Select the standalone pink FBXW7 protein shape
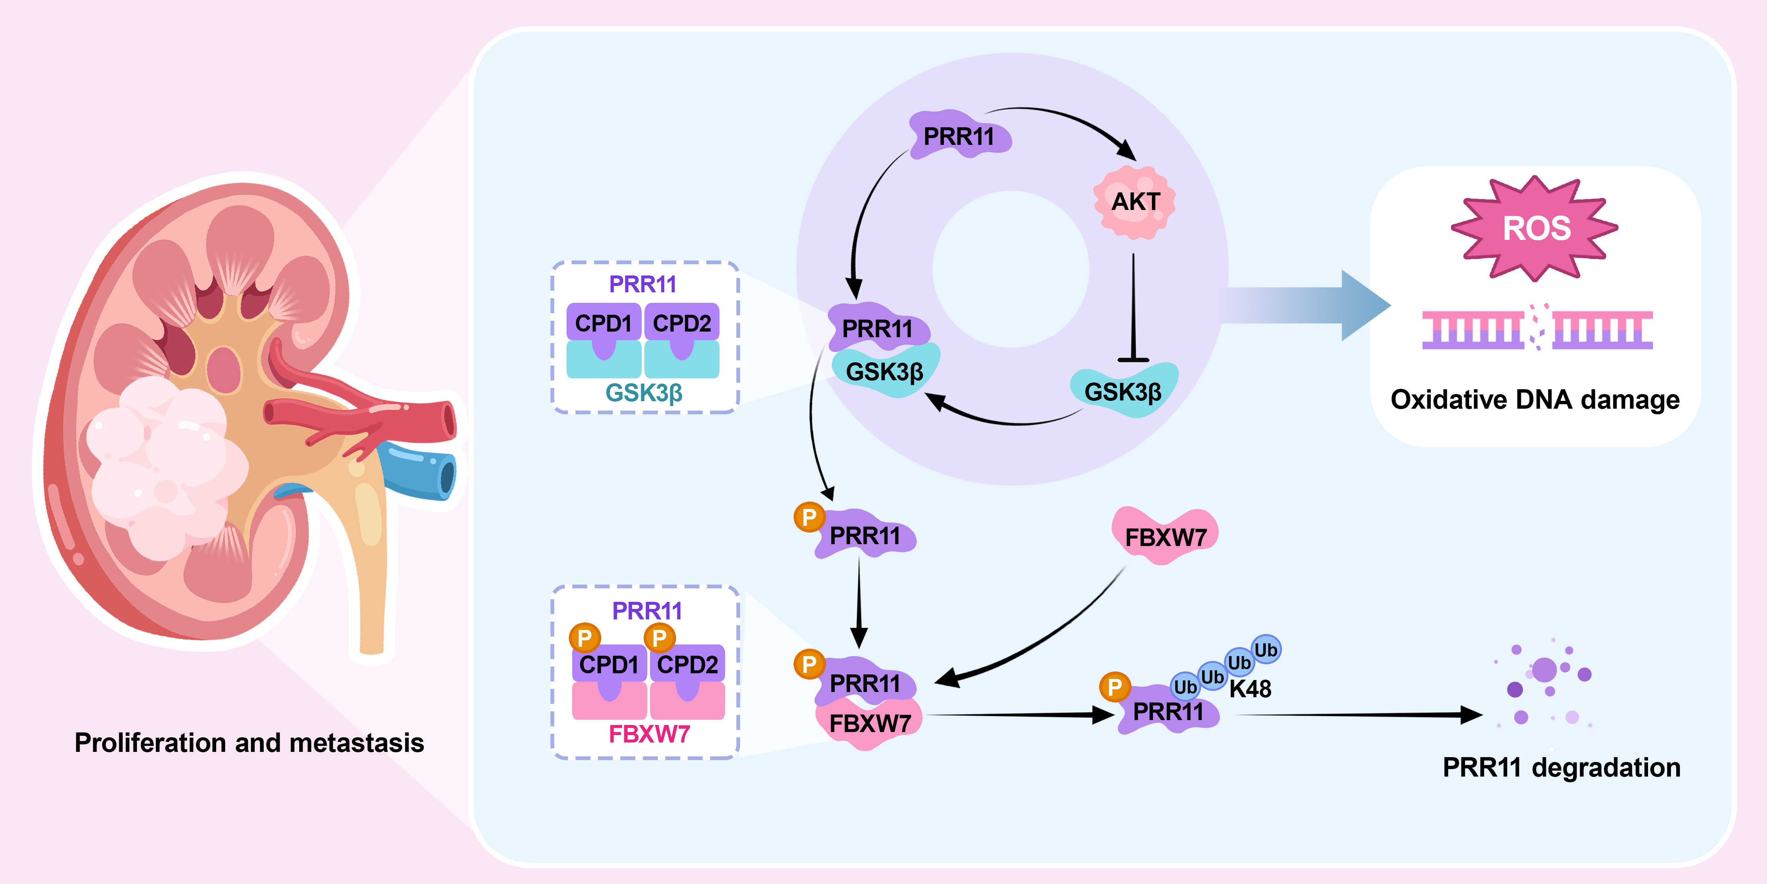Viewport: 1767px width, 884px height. pyautogui.click(x=1165, y=536)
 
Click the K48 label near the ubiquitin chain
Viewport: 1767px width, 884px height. pyautogui.click(x=1250, y=688)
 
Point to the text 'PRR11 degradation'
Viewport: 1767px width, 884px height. pyautogui.click(x=1561, y=767)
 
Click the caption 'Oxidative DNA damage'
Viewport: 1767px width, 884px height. pyautogui.click(x=1534, y=399)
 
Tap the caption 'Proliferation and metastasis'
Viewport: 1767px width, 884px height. pyautogui.click(x=249, y=743)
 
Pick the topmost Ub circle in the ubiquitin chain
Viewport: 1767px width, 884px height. pyautogui.click(x=1266, y=649)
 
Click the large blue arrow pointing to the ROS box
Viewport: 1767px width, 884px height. pyautogui.click(x=1303, y=305)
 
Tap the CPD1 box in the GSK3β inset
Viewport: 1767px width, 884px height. pyautogui.click(x=603, y=323)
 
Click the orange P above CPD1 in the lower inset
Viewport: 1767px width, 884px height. pyautogui.click(x=585, y=638)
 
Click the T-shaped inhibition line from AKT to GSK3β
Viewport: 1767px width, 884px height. pyautogui.click(x=1133, y=309)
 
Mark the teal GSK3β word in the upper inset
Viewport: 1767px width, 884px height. pyautogui.click(x=644, y=393)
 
